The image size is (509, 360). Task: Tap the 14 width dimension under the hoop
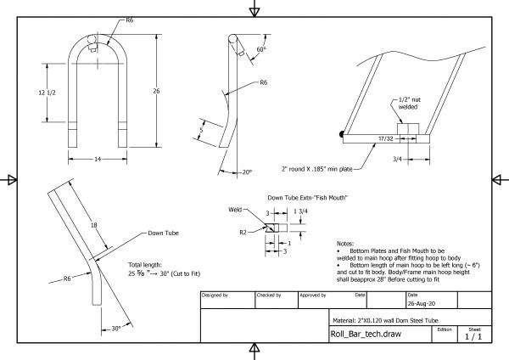[98, 159]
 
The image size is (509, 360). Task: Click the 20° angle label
[246, 172]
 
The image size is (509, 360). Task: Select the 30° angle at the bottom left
[115, 330]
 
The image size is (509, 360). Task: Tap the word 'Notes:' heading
[347, 242]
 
